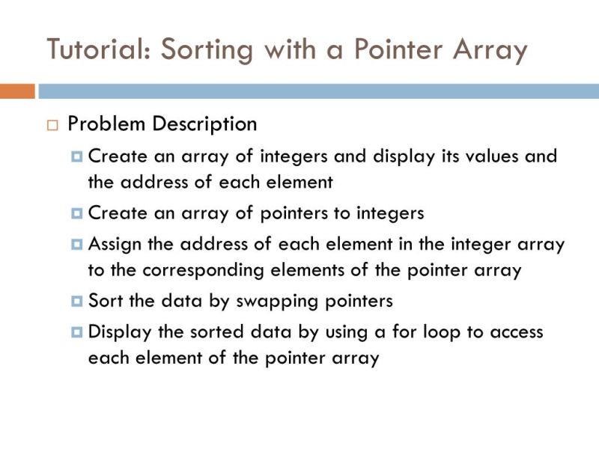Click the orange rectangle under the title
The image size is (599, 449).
click(x=17, y=91)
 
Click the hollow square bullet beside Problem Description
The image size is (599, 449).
click(x=52, y=125)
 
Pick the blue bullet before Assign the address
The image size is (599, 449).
click(x=76, y=245)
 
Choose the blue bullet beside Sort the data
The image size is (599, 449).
click(x=76, y=302)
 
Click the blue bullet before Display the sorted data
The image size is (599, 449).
click(x=76, y=332)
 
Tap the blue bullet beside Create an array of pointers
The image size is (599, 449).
click(x=76, y=213)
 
